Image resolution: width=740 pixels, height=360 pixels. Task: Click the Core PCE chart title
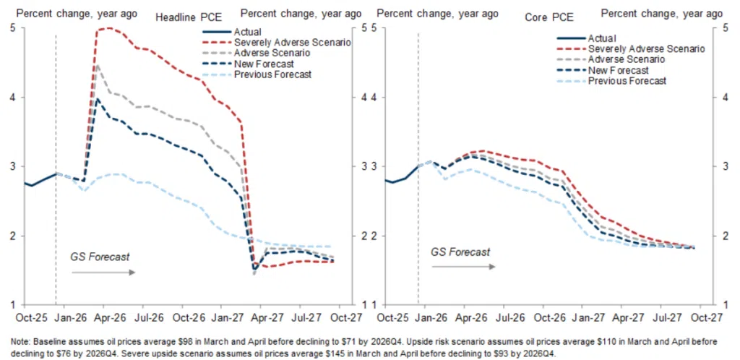click(549, 18)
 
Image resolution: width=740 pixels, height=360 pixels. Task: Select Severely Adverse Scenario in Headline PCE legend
click(293, 43)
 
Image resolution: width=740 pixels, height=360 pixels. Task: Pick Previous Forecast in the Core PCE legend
click(627, 81)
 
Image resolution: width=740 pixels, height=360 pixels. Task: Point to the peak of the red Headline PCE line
click(110, 28)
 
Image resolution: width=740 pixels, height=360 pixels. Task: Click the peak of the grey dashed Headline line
click(97, 64)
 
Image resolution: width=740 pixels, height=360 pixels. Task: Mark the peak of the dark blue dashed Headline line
click(97, 98)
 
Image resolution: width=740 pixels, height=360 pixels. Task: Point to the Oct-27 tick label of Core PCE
click(709, 317)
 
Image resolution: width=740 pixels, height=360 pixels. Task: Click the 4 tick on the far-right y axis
click(719, 97)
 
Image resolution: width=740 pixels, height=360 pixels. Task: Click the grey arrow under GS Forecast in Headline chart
click(104, 273)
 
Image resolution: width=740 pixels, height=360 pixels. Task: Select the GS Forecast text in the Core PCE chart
click(460, 252)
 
